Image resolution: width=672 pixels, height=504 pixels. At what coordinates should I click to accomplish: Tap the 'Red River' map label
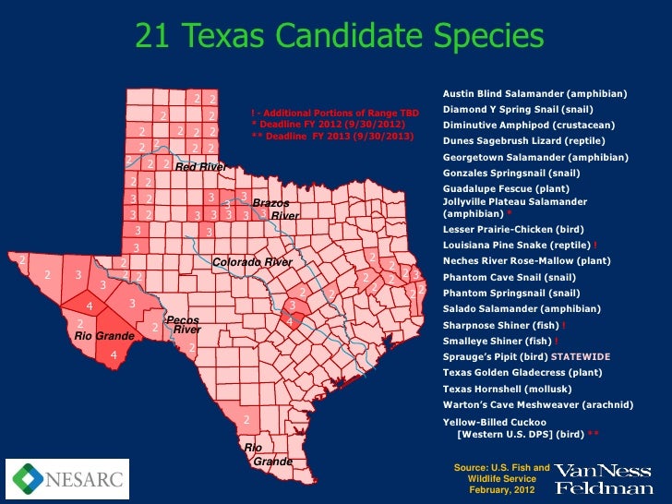[200, 167]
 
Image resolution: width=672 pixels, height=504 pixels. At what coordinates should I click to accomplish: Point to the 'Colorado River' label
[252, 263]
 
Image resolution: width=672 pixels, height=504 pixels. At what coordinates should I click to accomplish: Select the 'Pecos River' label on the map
[184, 325]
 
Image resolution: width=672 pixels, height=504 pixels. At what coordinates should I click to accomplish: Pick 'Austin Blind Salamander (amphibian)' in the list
[534, 94]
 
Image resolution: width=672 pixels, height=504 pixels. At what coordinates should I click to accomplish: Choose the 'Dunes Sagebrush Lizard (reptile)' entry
[523, 141]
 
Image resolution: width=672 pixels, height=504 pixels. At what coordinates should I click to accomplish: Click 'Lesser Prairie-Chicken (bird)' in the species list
[512, 229]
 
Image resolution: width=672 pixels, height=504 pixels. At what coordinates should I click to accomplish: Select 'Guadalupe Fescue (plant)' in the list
[506, 188]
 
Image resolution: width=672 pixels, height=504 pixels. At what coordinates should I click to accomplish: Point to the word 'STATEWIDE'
[581, 356]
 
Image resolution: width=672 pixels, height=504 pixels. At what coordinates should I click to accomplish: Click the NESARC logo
[67, 478]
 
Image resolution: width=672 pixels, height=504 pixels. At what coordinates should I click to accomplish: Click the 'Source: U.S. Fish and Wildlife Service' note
[501, 477]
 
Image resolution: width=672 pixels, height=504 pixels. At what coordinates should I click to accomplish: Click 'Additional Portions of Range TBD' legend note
[337, 113]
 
